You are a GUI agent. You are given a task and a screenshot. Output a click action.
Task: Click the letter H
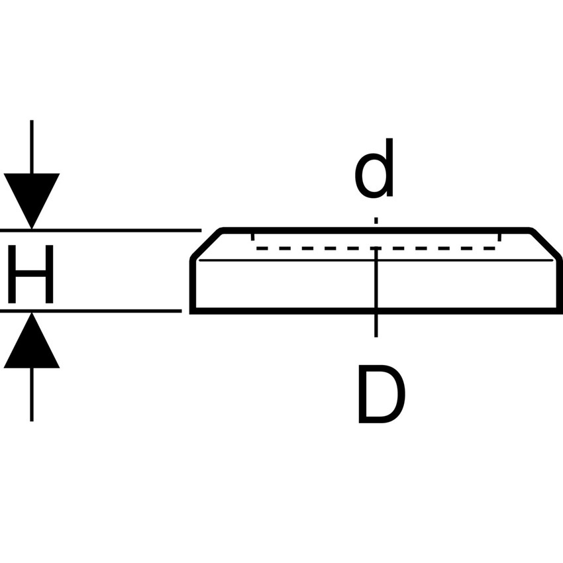[x=30, y=273]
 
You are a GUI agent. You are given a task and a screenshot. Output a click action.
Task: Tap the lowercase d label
[x=376, y=170]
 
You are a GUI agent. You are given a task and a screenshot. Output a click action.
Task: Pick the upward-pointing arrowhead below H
[x=31, y=342]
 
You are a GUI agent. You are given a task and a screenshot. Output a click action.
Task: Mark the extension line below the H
[x=99, y=311]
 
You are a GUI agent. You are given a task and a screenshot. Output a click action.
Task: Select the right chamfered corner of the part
[x=546, y=243]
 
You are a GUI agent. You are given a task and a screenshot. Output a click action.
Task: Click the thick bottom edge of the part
[x=298, y=311]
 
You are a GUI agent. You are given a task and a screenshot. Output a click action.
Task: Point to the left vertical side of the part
[x=192, y=285]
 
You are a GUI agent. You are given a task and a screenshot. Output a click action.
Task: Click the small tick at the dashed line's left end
[x=253, y=237]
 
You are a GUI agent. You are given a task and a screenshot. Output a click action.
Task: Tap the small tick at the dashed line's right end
[x=499, y=237]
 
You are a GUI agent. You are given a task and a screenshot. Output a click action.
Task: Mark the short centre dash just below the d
[x=376, y=220]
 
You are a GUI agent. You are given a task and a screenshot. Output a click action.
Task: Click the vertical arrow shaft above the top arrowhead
[x=31, y=146]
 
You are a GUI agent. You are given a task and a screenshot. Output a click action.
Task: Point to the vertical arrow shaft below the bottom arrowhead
[x=31, y=394]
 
